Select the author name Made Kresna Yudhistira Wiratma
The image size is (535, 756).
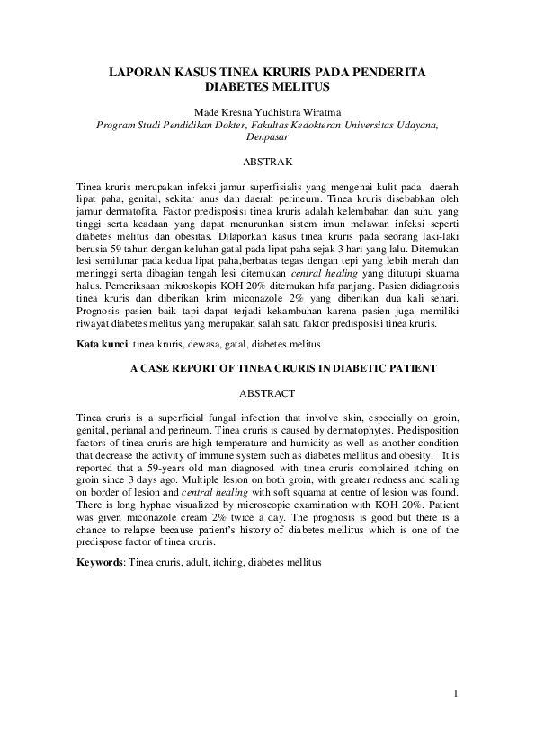[x=267, y=112]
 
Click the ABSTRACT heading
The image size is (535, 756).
[x=267, y=393]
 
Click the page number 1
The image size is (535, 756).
[x=456, y=692]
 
